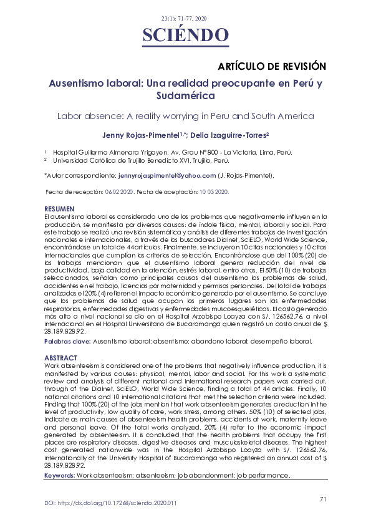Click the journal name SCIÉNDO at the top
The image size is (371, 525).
coord(185,34)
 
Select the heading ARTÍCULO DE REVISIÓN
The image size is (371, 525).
coord(272,65)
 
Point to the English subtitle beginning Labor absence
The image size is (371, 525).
coord(185,116)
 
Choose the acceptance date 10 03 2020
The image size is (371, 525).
coord(213,192)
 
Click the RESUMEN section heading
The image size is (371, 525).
coord(59,208)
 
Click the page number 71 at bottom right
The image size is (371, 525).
coord(323,499)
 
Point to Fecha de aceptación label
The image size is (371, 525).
coord(163,192)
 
